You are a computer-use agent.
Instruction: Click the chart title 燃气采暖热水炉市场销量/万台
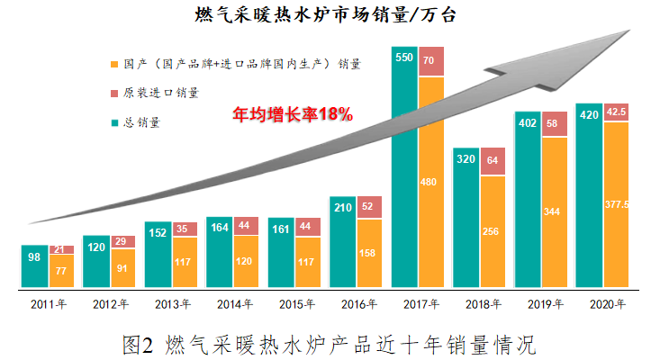tap(330, 15)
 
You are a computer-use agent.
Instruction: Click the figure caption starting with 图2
tap(330, 344)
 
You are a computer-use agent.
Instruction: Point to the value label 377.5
tap(616, 205)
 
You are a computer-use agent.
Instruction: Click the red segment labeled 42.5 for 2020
tap(616, 112)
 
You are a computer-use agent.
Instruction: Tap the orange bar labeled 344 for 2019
tap(555, 212)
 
